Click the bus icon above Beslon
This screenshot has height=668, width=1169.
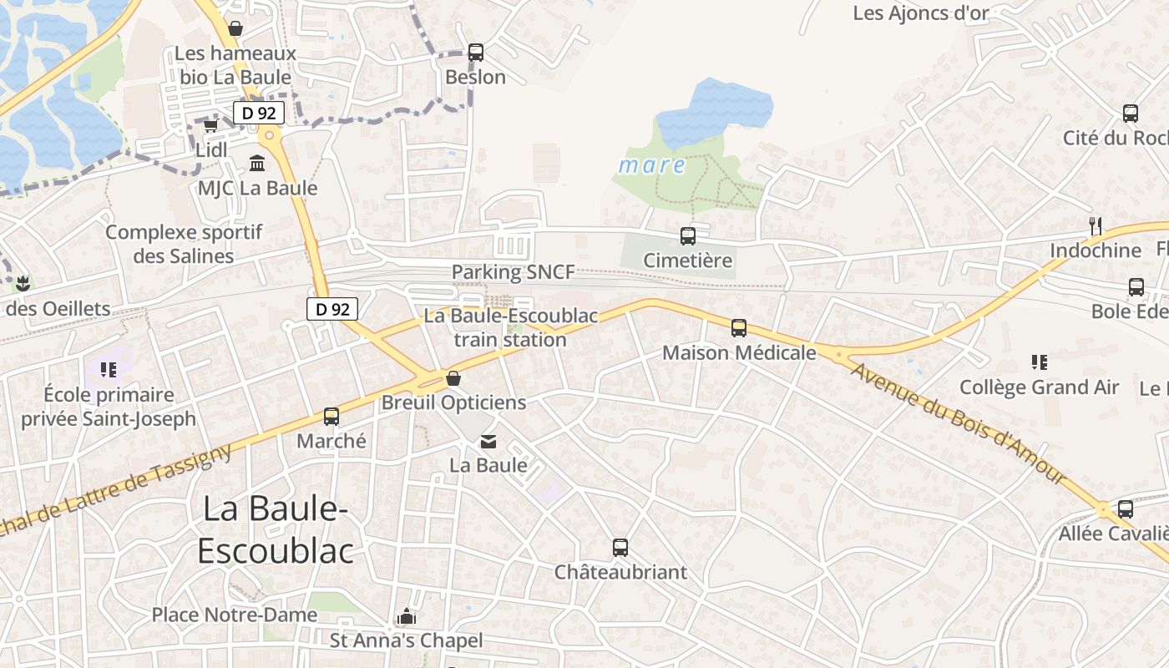[x=475, y=52]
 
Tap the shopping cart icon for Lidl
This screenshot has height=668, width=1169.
[x=210, y=126]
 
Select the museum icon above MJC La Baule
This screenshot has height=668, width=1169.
[x=257, y=163]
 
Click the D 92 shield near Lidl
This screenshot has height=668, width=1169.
[x=259, y=113]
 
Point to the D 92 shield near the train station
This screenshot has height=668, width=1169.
[x=332, y=309]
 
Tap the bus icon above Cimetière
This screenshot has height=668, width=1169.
[x=687, y=236]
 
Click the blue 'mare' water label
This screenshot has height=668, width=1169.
[x=651, y=165]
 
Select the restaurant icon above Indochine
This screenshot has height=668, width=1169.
[x=1096, y=225]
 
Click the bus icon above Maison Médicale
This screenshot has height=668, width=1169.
[x=738, y=328]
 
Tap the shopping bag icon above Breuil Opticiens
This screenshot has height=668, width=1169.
[x=453, y=378]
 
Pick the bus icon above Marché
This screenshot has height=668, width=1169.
[x=331, y=417]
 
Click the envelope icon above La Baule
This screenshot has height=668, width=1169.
[x=488, y=441]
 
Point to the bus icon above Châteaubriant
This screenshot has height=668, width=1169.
[x=620, y=548]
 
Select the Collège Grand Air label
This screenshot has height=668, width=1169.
[x=1039, y=387]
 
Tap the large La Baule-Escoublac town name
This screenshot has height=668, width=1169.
[x=275, y=529]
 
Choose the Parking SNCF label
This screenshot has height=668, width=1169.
[x=513, y=272]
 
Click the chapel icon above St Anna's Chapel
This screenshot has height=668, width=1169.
[x=407, y=617]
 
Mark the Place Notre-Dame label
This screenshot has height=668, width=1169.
[x=234, y=615]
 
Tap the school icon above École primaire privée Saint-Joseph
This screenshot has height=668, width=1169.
[x=108, y=368]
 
